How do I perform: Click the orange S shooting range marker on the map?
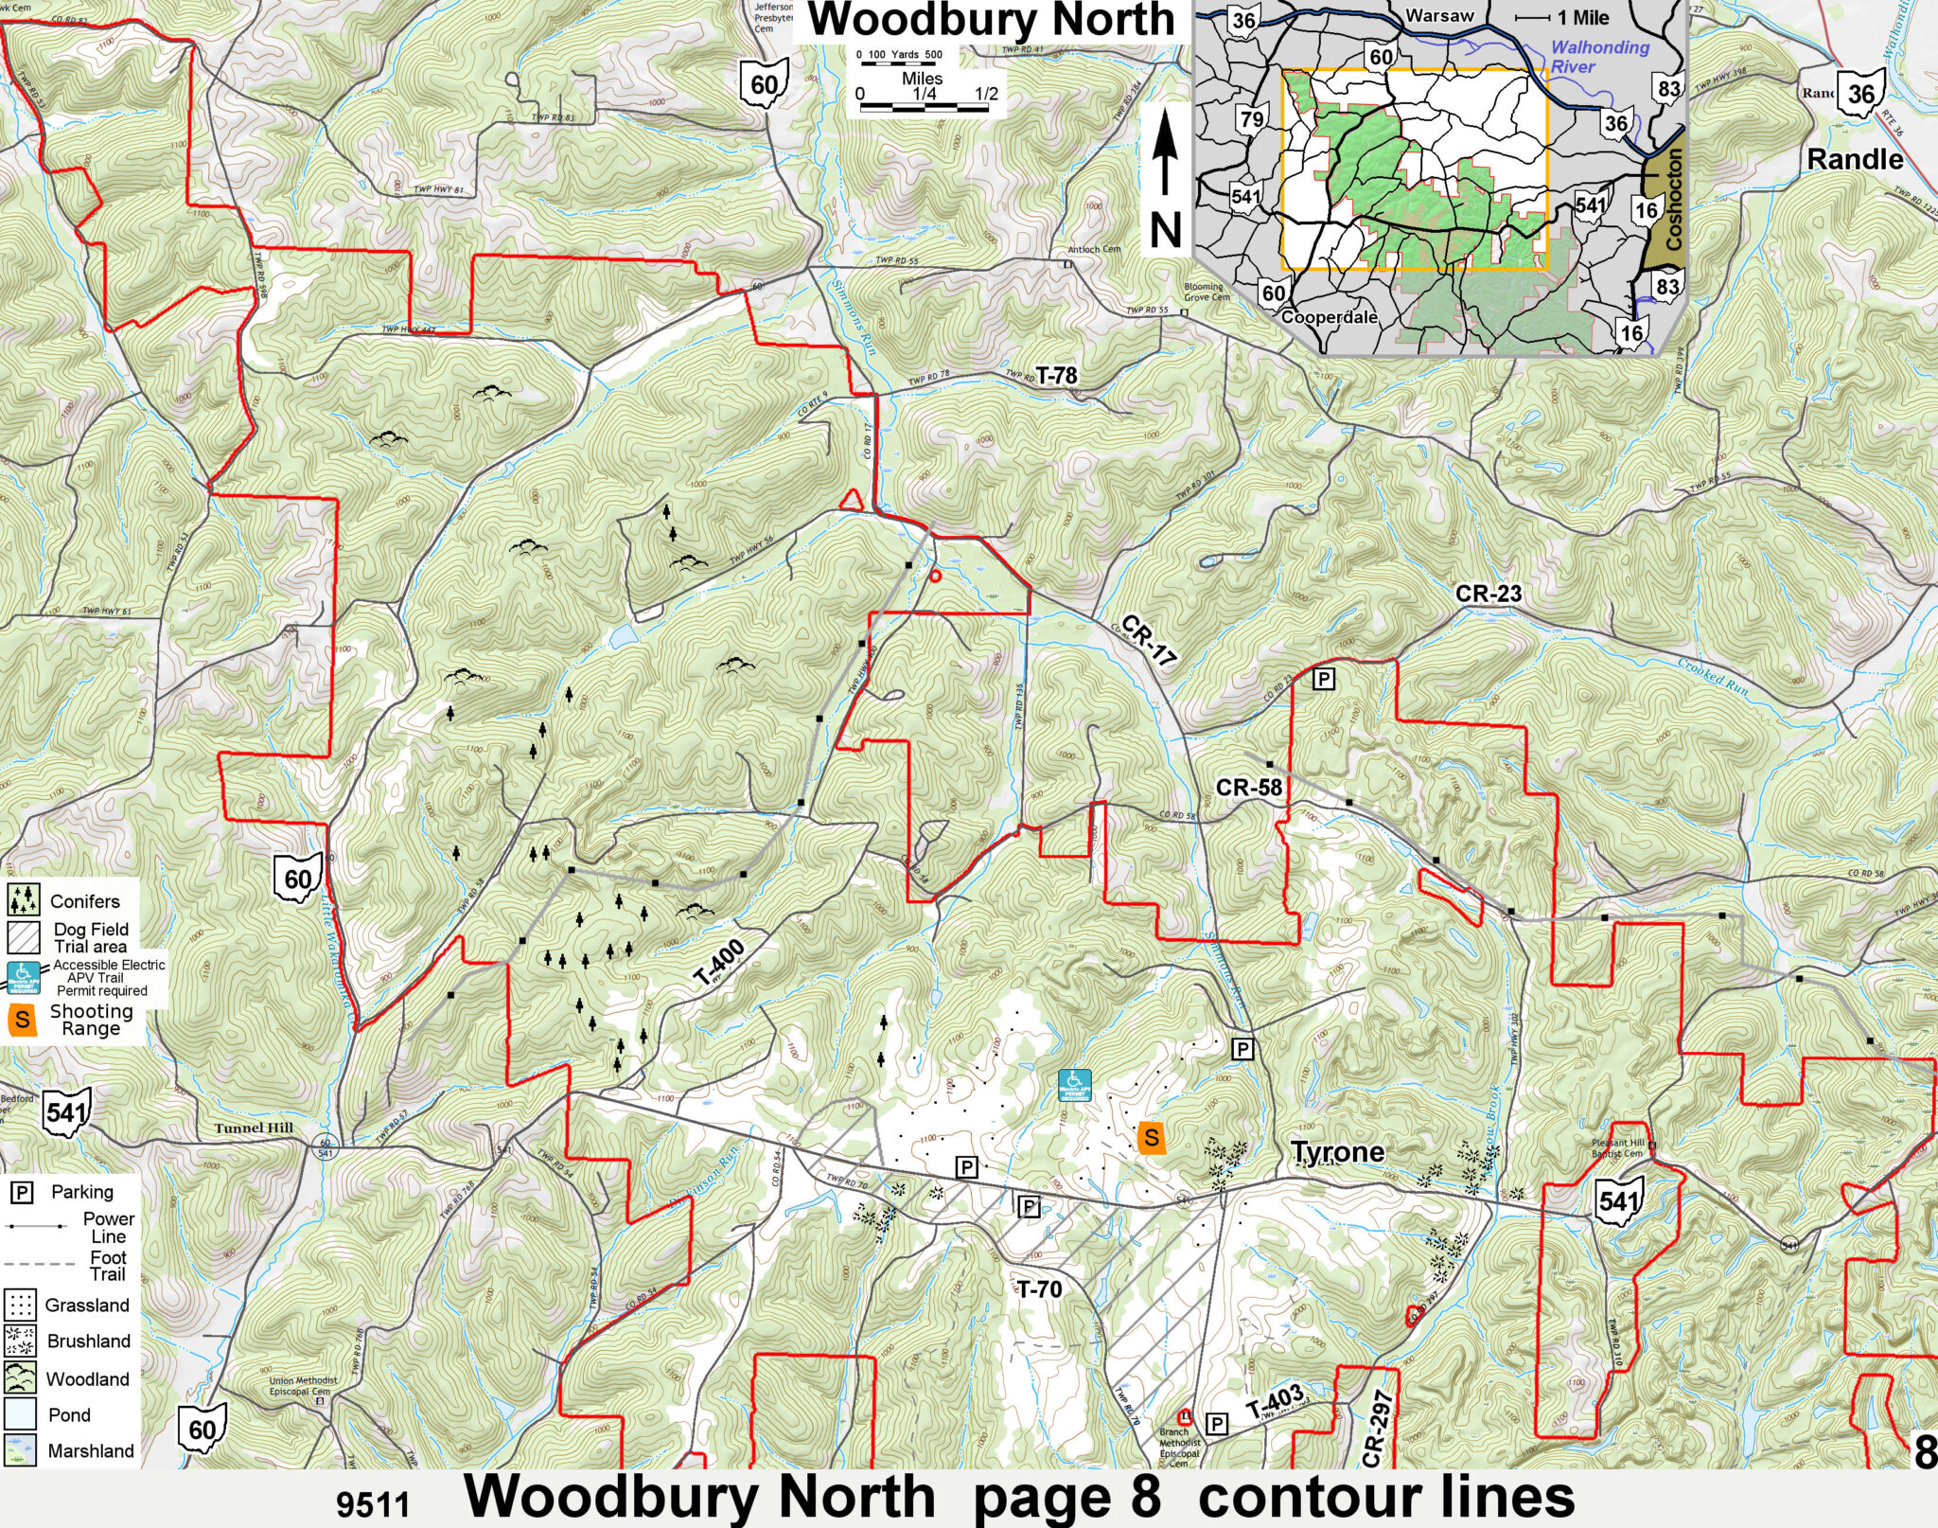pos(1151,1137)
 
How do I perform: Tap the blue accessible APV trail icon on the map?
pos(1074,1085)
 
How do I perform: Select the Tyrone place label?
pos(1337,1152)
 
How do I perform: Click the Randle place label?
pos(1855,159)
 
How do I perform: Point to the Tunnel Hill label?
pos(254,1128)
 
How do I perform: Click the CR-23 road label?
pos(1488,594)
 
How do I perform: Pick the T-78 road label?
pos(1056,376)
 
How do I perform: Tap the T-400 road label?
pos(719,965)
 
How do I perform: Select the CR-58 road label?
pos(1249,787)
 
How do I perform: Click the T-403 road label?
pos(1274,1403)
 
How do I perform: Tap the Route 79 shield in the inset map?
pos(1251,119)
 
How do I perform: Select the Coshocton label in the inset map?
pos(1673,200)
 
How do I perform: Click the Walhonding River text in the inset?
pos(1599,57)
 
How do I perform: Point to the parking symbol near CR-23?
pos(1324,678)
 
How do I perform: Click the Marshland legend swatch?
pos(20,1450)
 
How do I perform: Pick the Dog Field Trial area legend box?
pos(24,937)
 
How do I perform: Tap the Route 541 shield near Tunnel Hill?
pos(67,1111)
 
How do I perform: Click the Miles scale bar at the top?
pos(923,107)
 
